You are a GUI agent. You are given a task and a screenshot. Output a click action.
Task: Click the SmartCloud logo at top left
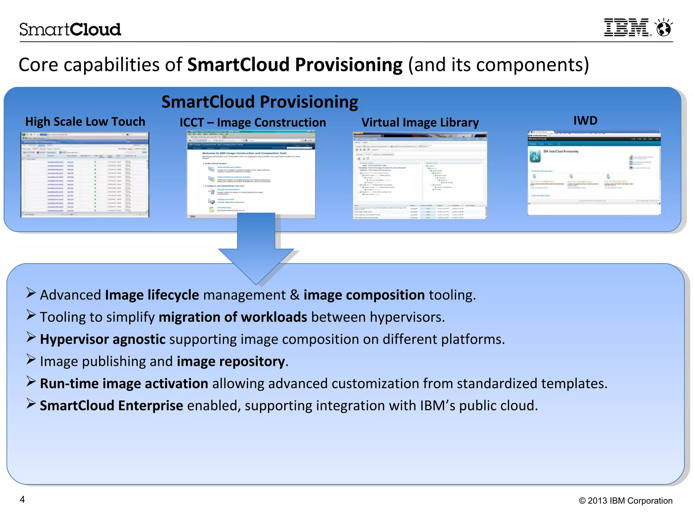[70, 29]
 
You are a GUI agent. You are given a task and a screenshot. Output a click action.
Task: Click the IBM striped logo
[627, 28]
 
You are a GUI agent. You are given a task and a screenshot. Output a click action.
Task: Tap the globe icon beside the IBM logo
[664, 28]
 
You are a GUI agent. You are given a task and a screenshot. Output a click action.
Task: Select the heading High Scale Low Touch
[85, 122]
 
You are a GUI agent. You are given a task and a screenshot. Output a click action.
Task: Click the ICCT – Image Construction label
[252, 123]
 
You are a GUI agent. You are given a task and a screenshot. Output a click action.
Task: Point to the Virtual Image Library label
[420, 123]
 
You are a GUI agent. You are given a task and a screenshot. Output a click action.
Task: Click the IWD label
[585, 121]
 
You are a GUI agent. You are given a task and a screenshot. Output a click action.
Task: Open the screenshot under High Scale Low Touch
[85, 174]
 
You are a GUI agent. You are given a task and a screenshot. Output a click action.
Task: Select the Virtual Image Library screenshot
[420, 175]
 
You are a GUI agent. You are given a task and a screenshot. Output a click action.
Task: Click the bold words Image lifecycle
[152, 295]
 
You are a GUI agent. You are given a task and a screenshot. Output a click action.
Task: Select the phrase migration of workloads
[233, 317]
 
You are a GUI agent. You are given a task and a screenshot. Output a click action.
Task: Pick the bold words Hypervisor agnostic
[103, 339]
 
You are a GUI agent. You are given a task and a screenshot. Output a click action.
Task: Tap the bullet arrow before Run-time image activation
[31, 382]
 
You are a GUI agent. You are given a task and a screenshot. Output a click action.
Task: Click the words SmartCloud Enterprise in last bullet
[111, 406]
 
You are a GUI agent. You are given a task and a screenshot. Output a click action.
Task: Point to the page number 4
[22, 499]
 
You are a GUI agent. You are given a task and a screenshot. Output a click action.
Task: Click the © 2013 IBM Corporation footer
[625, 501]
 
